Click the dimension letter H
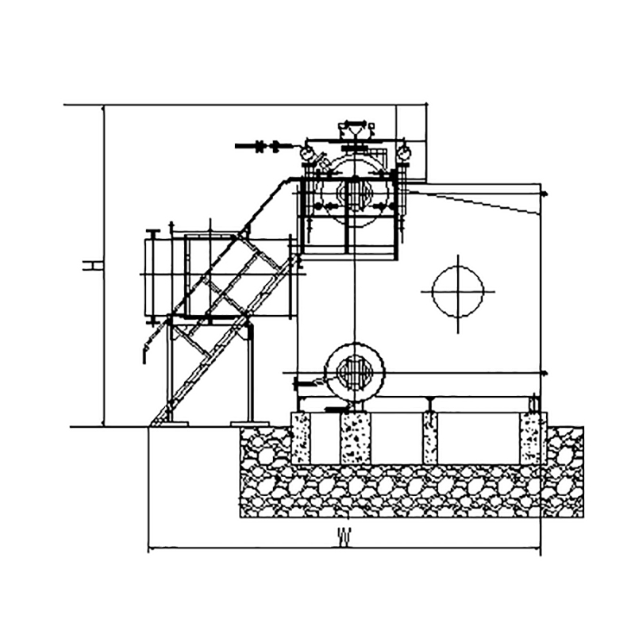[x=92, y=266]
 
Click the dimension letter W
[x=344, y=537]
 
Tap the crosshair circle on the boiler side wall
[x=458, y=291]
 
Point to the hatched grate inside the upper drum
[x=355, y=194]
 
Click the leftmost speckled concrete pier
[x=301, y=438]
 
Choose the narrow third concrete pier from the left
[x=430, y=438]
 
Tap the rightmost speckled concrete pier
[x=530, y=438]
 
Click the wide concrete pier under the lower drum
[x=356, y=438]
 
